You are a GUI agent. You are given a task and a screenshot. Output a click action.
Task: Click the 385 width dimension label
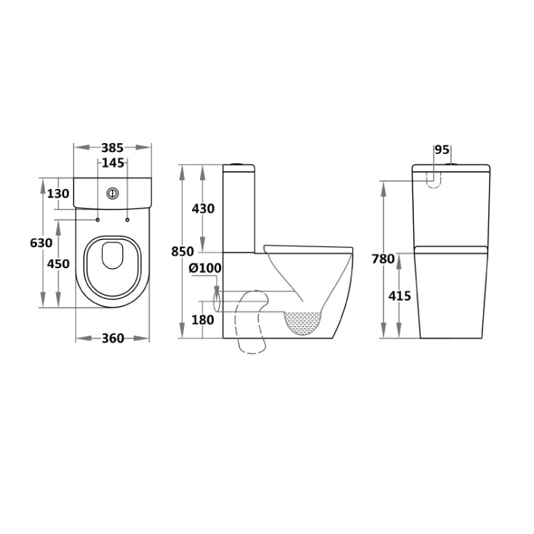(113, 148)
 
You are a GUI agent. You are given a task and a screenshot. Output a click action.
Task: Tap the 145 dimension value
(113, 163)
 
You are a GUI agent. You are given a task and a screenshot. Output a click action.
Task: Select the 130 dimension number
(58, 194)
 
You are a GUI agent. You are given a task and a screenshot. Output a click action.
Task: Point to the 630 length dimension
(41, 243)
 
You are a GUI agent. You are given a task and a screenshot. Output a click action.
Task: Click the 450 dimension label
(58, 264)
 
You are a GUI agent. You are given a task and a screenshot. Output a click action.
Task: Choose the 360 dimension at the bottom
(113, 339)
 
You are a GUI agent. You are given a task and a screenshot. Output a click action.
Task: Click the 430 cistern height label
(203, 209)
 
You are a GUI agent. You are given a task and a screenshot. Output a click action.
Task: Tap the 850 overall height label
(183, 252)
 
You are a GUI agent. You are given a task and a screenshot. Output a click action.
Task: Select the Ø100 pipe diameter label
(205, 268)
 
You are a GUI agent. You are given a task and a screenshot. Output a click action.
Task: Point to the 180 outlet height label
(203, 320)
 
